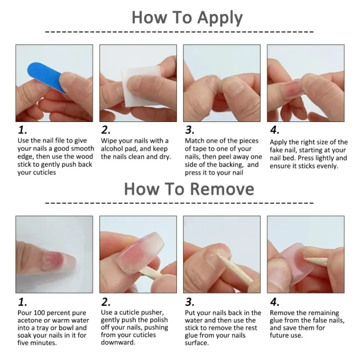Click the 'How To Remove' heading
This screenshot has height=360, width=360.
188,189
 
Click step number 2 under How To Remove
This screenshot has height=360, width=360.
105,302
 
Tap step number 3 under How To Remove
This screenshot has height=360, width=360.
190,302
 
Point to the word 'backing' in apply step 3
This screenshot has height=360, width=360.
232,164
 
